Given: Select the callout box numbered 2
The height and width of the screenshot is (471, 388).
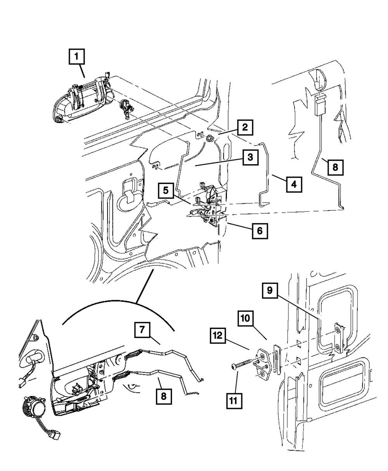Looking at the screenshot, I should (246, 127).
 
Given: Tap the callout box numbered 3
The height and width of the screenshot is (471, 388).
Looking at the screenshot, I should (250, 158).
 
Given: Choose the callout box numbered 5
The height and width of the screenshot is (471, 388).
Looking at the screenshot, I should (165, 191).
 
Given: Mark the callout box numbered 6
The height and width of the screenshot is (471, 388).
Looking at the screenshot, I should (259, 231).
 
